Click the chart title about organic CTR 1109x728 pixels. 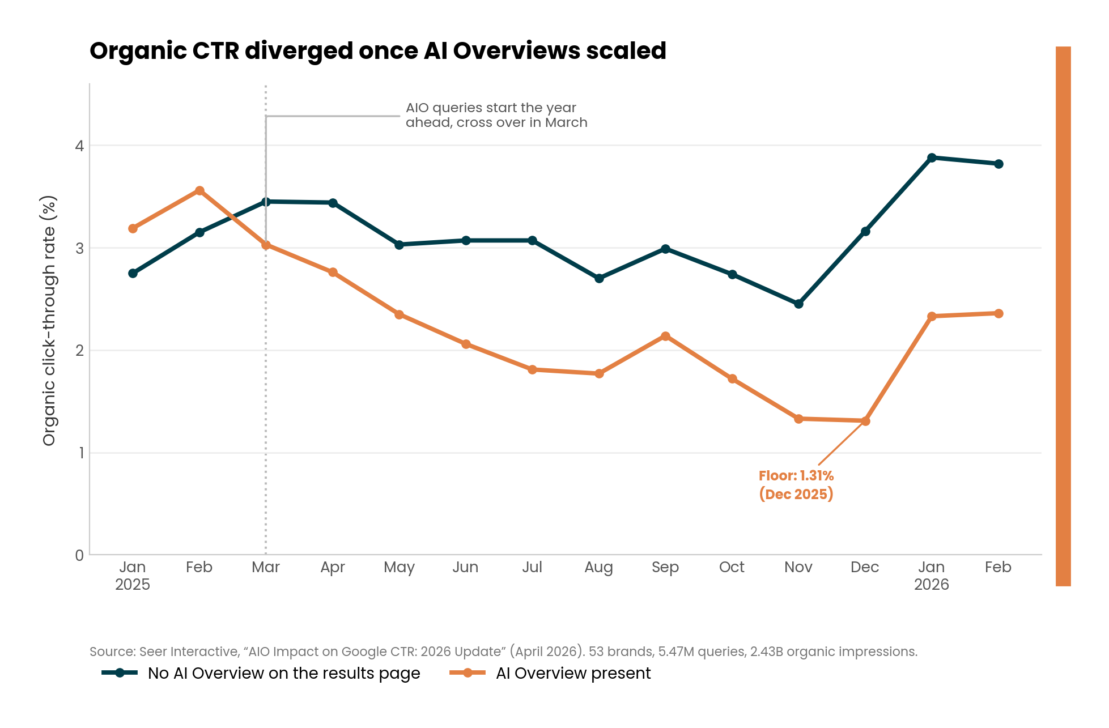coord(378,51)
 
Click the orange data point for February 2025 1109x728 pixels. coord(199,191)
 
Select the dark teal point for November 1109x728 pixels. coord(798,304)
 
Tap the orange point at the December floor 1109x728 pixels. coord(865,421)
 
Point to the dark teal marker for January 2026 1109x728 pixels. coord(932,157)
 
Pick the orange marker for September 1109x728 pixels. coord(665,337)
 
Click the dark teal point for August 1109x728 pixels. coord(599,278)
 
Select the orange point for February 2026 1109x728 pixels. coord(998,313)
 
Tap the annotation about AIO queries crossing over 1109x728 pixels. coord(496,115)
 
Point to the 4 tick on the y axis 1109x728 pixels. coord(79,146)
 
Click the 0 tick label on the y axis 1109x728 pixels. coord(79,555)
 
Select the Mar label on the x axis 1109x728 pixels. coord(266,567)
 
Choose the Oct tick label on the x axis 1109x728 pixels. coord(732,567)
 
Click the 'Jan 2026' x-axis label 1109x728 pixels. coord(932,576)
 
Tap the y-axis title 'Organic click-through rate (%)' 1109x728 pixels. coord(49,321)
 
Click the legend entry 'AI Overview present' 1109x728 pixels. coord(550,673)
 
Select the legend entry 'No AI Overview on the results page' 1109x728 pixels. coord(261,673)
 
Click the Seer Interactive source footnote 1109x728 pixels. coord(503,652)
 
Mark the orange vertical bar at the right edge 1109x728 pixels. coord(1063,316)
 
